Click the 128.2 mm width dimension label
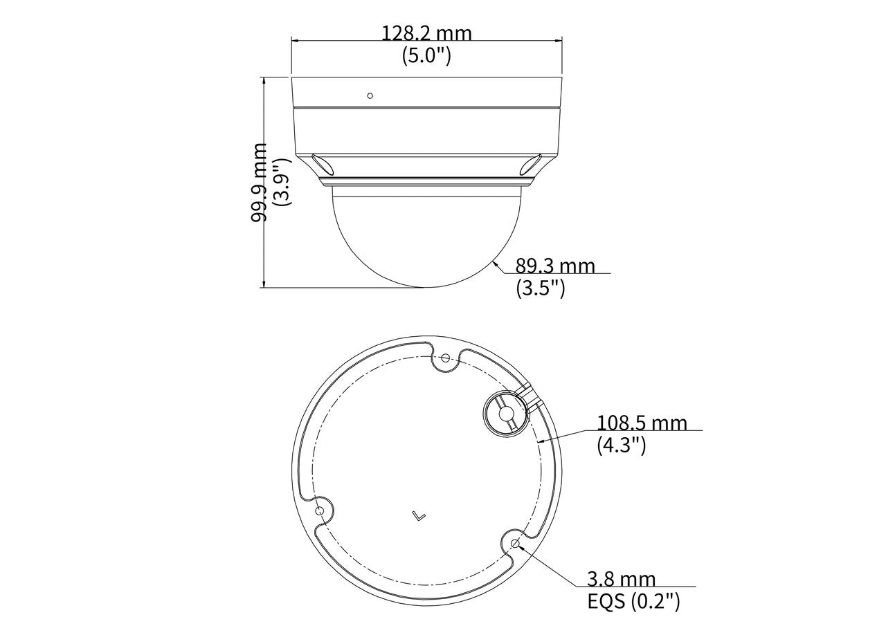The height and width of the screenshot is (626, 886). point(426,34)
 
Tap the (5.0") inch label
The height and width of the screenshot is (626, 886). point(426,55)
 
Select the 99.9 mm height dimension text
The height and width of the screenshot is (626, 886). point(260,183)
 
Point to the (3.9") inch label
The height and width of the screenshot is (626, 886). point(282,182)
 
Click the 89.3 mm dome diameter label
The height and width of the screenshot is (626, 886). point(555,266)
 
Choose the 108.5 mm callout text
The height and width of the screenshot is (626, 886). point(642,423)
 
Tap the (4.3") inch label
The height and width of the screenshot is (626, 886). point(622,445)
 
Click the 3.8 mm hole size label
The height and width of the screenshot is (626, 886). point(621,580)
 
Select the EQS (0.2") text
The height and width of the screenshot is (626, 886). point(633,602)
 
